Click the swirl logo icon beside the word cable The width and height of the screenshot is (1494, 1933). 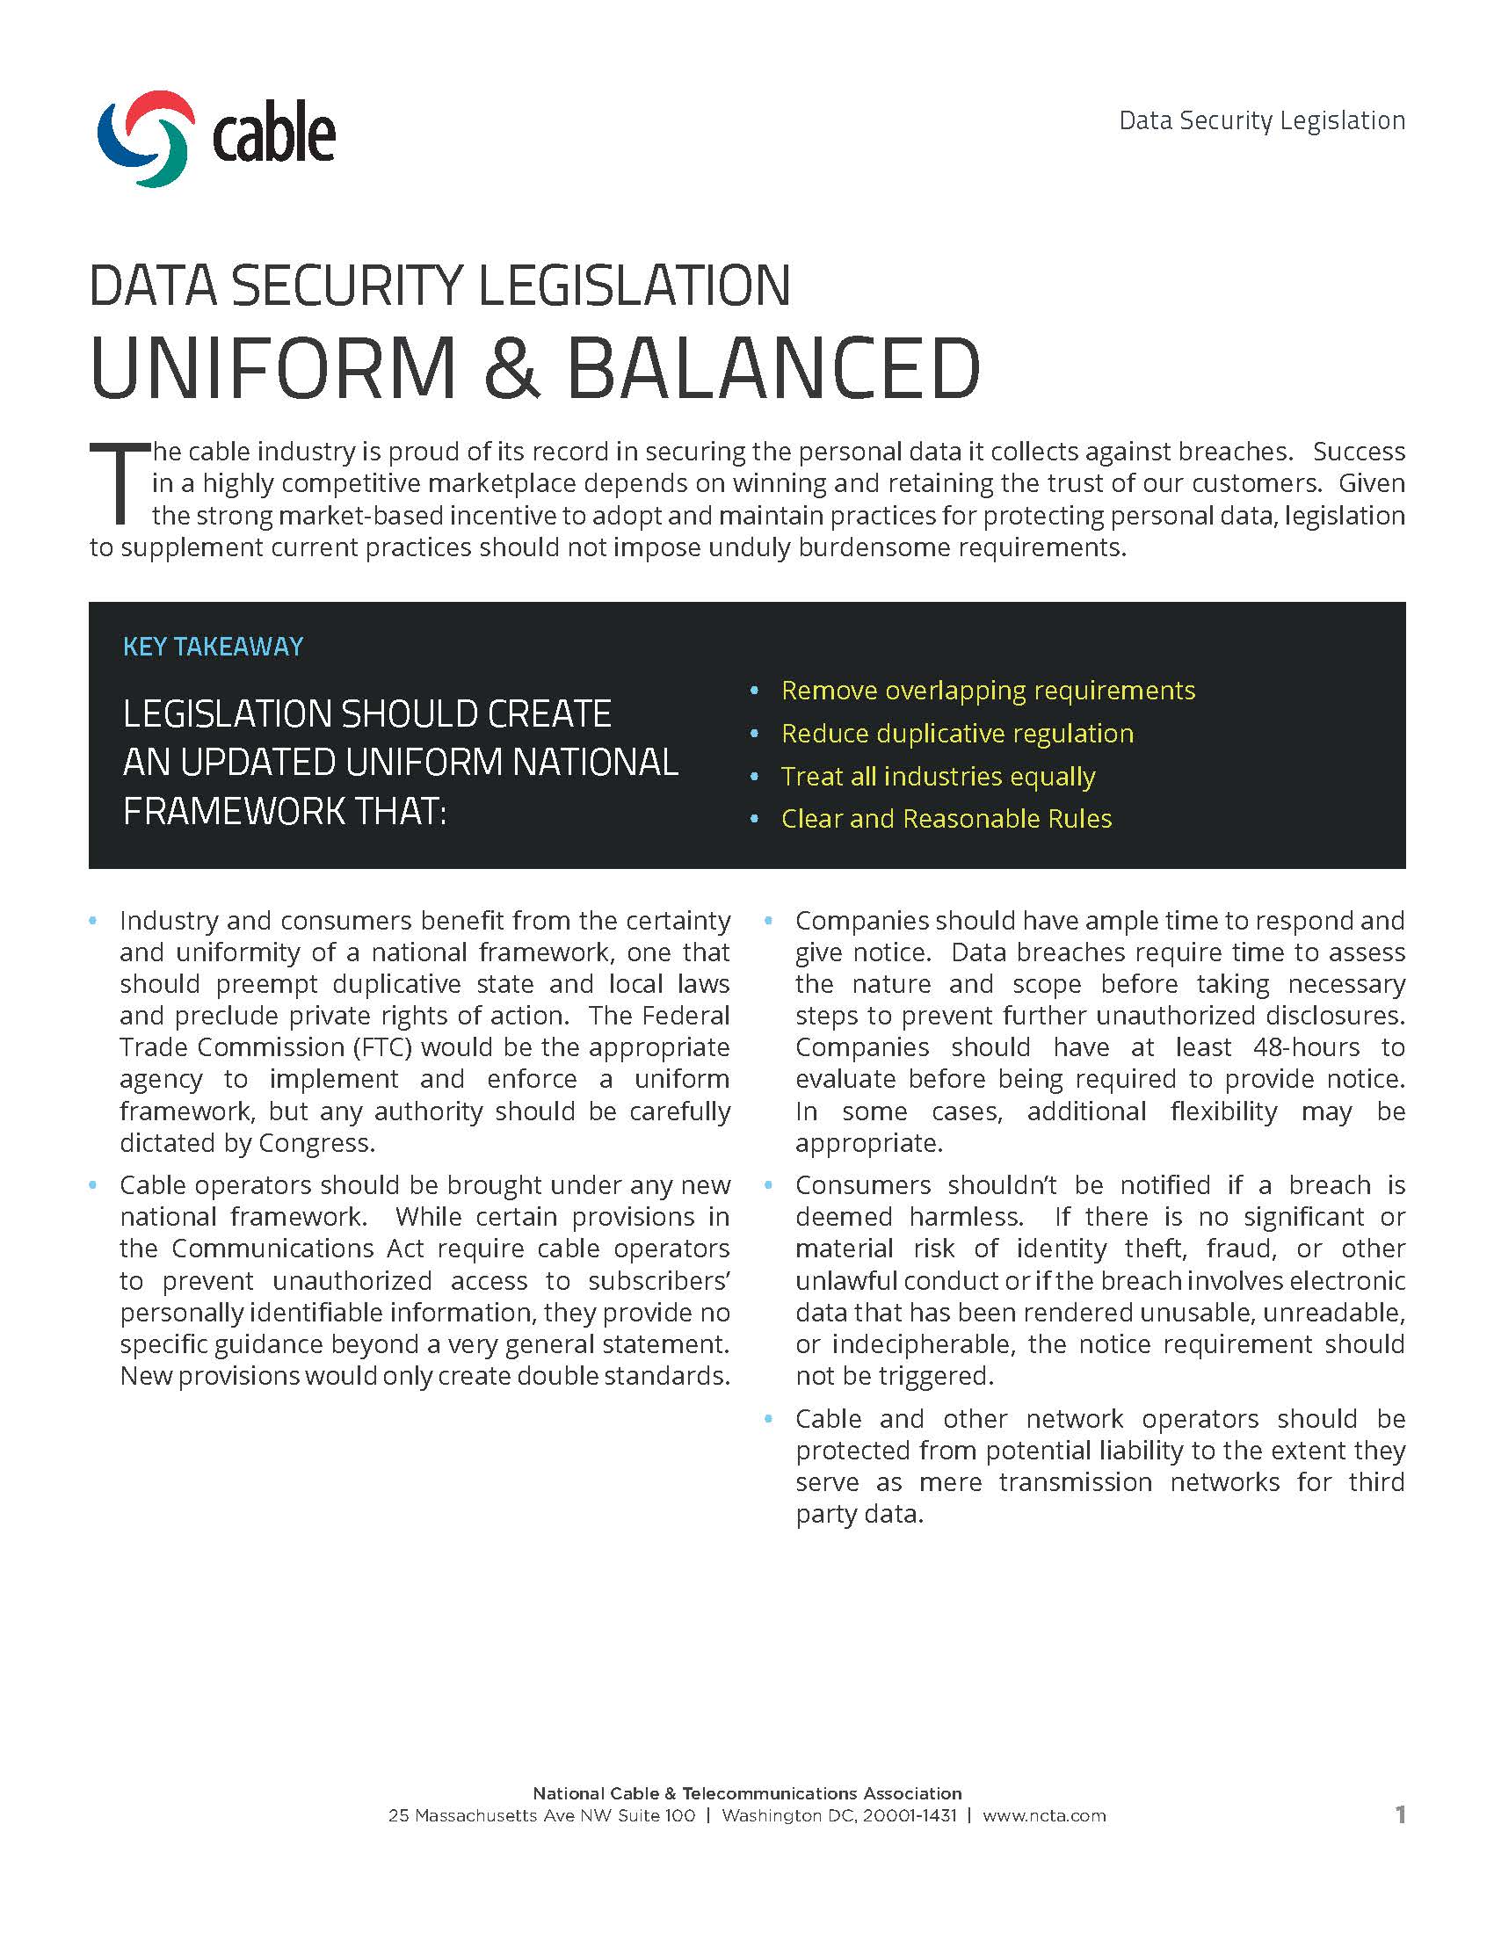coord(146,138)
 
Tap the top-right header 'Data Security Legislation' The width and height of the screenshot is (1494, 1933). coord(1261,120)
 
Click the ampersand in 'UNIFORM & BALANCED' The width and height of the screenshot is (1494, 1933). coord(511,367)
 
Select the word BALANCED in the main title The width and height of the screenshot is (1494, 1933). coord(772,367)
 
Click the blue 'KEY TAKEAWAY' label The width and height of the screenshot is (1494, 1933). coord(213,647)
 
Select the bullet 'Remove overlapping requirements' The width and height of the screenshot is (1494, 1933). coord(988,691)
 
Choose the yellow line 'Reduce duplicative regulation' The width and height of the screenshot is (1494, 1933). coord(957,734)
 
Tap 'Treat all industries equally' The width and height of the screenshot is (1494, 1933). coord(938,776)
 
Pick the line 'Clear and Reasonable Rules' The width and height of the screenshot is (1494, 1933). coord(946,819)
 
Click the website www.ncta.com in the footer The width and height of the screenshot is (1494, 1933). coord(1043,1816)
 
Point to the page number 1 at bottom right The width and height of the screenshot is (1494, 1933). coord(1400,1815)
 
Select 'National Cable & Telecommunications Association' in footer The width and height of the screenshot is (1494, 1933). coord(746,1793)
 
